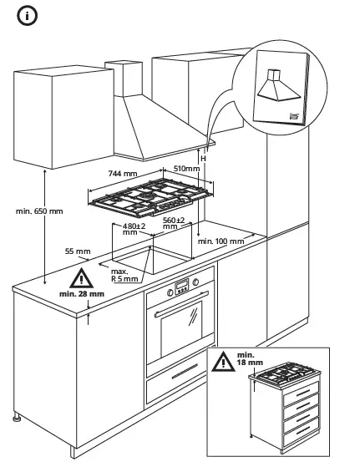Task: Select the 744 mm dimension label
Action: (x=124, y=173)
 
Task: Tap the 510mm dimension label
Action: (x=186, y=168)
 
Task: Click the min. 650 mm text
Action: (x=39, y=211)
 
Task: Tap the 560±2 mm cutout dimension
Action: (x=174, y=223)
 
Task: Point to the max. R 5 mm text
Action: (x=124, y=277)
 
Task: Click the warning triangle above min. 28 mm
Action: (x=81, y=279)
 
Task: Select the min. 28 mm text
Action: (x=82, y=295)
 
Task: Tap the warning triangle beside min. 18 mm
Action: (x=222, y=363)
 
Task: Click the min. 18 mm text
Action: (x=249, y=360)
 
